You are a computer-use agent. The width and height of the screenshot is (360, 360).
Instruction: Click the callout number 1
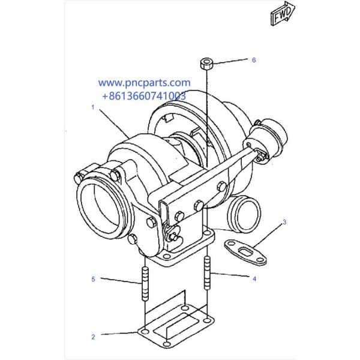(x=93, y=107)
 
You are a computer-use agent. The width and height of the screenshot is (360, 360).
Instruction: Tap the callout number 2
(x=93, y=337)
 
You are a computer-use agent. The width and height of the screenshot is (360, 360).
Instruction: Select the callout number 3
(x=284, y=222)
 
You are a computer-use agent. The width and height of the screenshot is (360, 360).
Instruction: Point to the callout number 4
(x=254, y=278)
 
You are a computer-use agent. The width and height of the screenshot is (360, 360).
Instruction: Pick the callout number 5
(x=93, y=279)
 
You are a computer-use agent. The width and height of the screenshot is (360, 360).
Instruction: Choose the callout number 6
(x=254, y=60)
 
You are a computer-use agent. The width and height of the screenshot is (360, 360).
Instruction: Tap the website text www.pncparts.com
(x=144, y=83)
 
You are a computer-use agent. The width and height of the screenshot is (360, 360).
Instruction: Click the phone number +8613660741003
(x=144, y=95)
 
